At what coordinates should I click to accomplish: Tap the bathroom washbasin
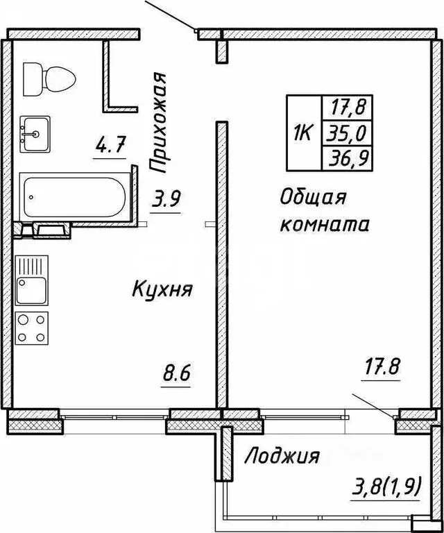click(35, 132)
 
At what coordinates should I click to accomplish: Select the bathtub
click(72, 198)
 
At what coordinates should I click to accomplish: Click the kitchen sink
click(31, 291)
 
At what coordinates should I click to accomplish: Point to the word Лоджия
click(283, 456)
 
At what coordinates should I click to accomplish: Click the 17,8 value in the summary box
click(352, 107)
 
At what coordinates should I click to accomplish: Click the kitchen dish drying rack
click(31, 266)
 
